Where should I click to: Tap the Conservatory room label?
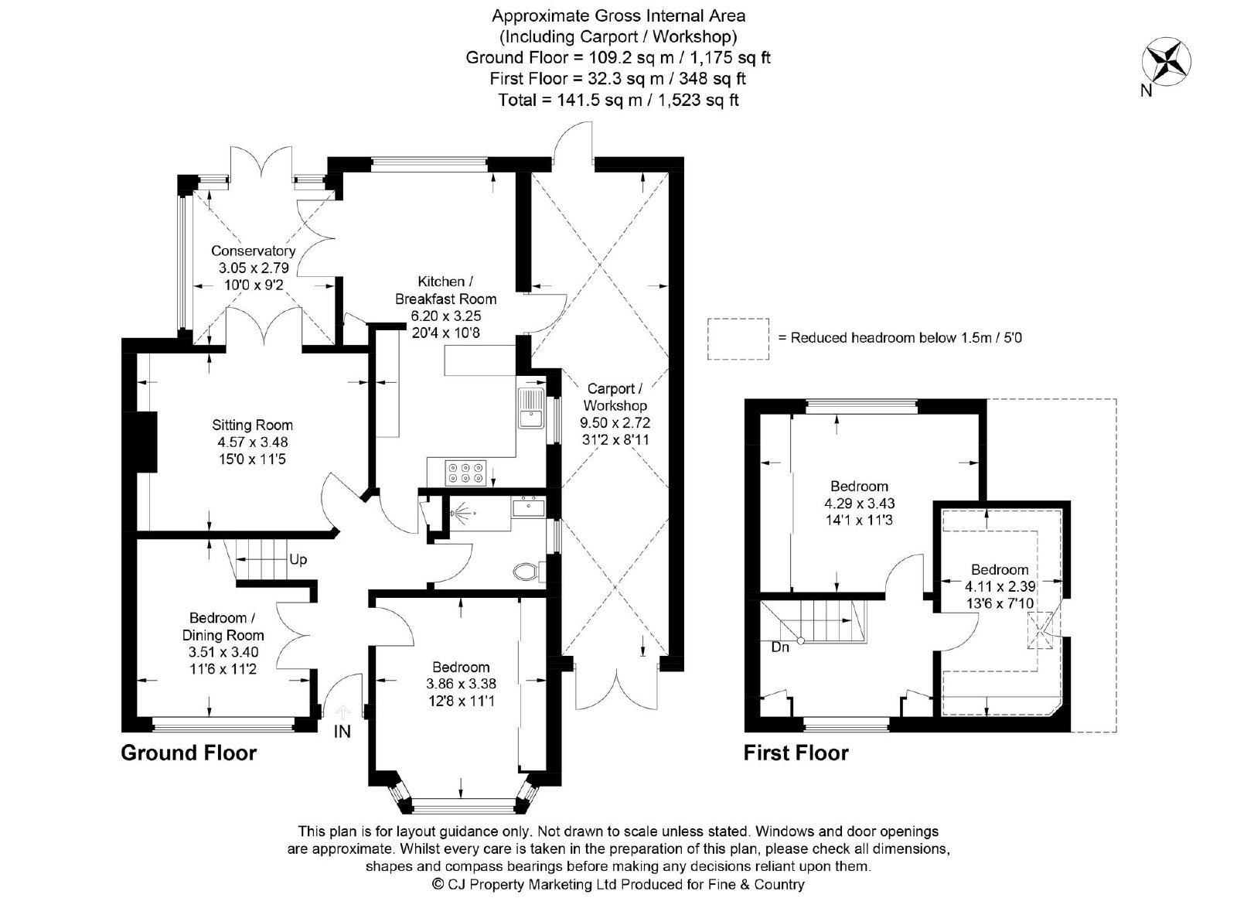tap(254, 251)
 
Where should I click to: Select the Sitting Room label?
tap(252, 425)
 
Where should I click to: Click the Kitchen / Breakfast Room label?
tap(445, 290)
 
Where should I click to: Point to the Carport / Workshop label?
tap(615, 397)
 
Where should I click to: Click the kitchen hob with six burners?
tap(465, 473)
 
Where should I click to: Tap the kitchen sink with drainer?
tap(531, 408)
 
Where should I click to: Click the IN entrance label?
tap(342, 732)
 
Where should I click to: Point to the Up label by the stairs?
tap(298, 560)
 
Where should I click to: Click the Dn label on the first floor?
tap(780, 647)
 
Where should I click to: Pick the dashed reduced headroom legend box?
tap(738, 339)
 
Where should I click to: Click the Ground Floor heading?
tap(189, 753)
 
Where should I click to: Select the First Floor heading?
tap(796, 753)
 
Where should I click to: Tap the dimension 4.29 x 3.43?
tap(859, 504)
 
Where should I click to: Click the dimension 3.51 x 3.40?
tap(223, 652)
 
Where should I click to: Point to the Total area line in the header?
tap(618, 100)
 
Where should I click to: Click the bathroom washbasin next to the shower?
tap(528, 507)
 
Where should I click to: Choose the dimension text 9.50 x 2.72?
tap(615, 423)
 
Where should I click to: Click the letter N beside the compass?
tap(1147, 90)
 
